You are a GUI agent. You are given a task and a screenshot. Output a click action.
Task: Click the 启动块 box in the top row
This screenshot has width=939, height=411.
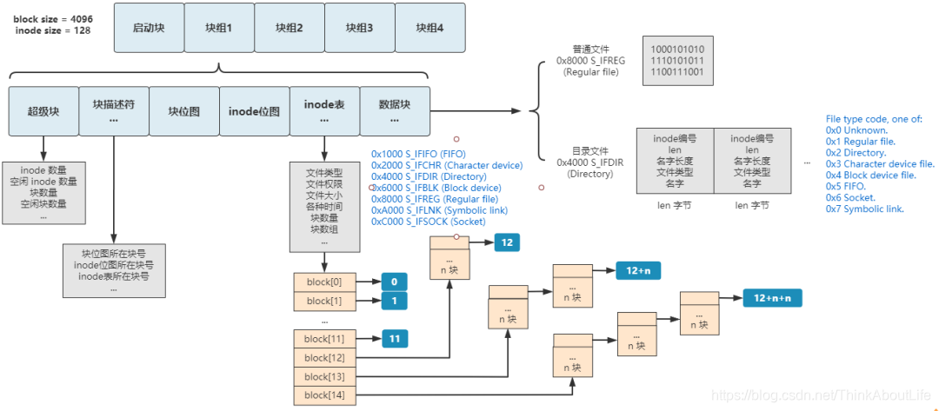click(x=149, y=28)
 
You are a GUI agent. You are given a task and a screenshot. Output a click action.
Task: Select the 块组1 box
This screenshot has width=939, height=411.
click(x=219, y=28)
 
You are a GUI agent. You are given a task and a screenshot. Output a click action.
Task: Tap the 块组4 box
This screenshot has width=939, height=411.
click(x=430, y=28)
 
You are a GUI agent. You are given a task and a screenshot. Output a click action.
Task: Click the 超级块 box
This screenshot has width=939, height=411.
click(x=43, y=111)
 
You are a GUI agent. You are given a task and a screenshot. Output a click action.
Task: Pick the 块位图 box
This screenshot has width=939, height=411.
click(x=184, y=111)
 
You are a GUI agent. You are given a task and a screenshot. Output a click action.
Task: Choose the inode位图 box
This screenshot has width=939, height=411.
click(x=254, y=111)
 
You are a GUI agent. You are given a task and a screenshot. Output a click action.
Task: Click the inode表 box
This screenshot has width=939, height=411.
click(x=324, y=110)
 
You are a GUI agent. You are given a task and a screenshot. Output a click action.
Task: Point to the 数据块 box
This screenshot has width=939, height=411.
click(x=395, y=110)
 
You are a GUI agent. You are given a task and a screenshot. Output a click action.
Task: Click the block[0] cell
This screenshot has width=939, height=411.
click(x=324, y=282)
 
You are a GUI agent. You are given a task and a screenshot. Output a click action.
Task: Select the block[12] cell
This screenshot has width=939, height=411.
click(x=324, y=358)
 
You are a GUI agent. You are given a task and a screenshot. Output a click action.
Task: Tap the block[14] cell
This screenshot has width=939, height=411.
click(x=324, y=395)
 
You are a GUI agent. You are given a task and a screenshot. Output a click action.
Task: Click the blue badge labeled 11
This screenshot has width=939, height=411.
click(x=394, y=339)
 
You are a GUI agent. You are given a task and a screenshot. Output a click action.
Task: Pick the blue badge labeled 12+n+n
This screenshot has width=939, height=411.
click(x=772, y=298)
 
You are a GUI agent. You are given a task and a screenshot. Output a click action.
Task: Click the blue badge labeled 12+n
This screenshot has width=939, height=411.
click(x=637, y=271)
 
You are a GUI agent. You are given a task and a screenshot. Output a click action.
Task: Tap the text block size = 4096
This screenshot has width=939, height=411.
click(x=52, y=18)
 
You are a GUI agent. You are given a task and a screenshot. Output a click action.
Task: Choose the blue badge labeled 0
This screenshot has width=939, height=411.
click(x=394, y=282)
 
